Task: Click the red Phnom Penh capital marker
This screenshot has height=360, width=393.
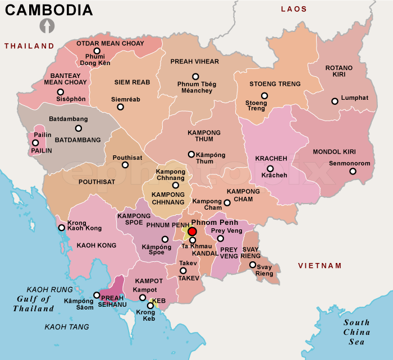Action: tap(192, 232)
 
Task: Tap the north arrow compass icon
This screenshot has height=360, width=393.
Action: tap(46, 26)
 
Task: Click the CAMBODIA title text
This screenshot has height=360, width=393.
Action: tap(49, 10)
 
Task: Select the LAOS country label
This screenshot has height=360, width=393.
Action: tap(294, 9)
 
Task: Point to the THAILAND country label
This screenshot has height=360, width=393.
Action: tap(29, 46)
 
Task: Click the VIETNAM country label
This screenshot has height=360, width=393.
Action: tap(319, 265)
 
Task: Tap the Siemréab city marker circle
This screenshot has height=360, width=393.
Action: tap(120, 107)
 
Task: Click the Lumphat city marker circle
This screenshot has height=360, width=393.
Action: tap(335, 101)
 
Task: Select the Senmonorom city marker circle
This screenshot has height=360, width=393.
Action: tap(353, 171)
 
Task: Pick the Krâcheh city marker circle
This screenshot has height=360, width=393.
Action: tap(270, 168)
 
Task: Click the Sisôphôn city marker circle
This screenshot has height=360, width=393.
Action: tap(60, 92)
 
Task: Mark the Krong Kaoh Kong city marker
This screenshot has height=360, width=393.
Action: tap(61, 228)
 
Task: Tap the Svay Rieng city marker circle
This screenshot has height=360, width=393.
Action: tap(253, 265)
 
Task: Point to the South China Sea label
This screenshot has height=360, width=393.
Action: tap(357, 331)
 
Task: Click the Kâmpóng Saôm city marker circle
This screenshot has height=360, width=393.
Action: tap(97, 295)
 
